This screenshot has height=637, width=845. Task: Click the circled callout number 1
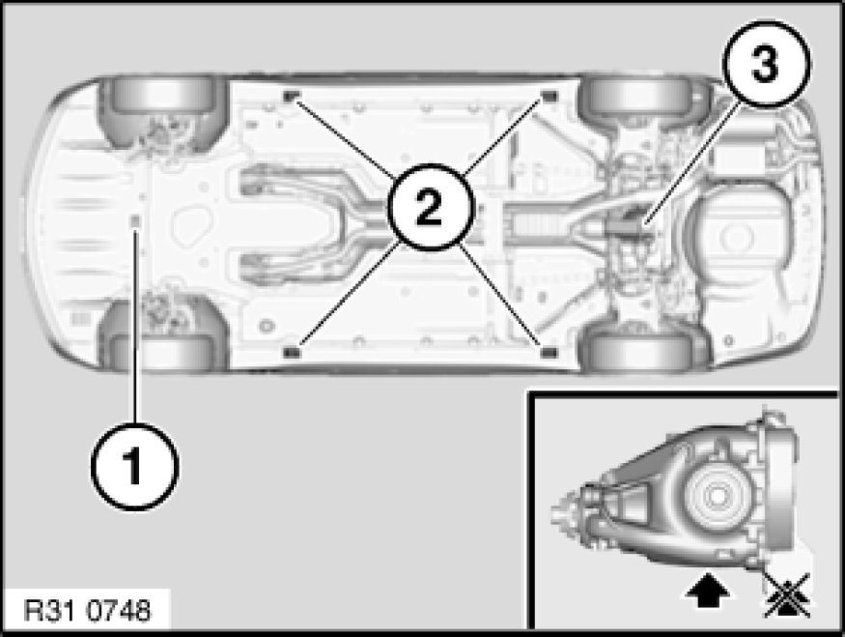[x=134, y=466]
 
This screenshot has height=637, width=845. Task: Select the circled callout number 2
[x=430, y=208]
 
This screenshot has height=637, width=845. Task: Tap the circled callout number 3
[x=765, y=64]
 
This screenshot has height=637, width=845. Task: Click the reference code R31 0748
[x=88, y=611]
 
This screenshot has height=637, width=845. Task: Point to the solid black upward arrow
[x=708, y=591]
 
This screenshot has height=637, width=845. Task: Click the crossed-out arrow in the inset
[x=787, y=594]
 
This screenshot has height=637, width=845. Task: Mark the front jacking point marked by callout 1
[x=136, y=220]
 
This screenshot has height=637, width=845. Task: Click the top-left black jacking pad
[x=291, y=97]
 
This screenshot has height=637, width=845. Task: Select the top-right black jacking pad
[x=549, y=97]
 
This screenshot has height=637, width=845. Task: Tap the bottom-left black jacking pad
[x=291, y=352]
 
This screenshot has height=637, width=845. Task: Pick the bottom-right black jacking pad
[x=549, y=352]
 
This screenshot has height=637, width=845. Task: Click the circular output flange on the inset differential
[x=718, y=496]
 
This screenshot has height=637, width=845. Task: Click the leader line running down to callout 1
[x=136, y=325]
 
